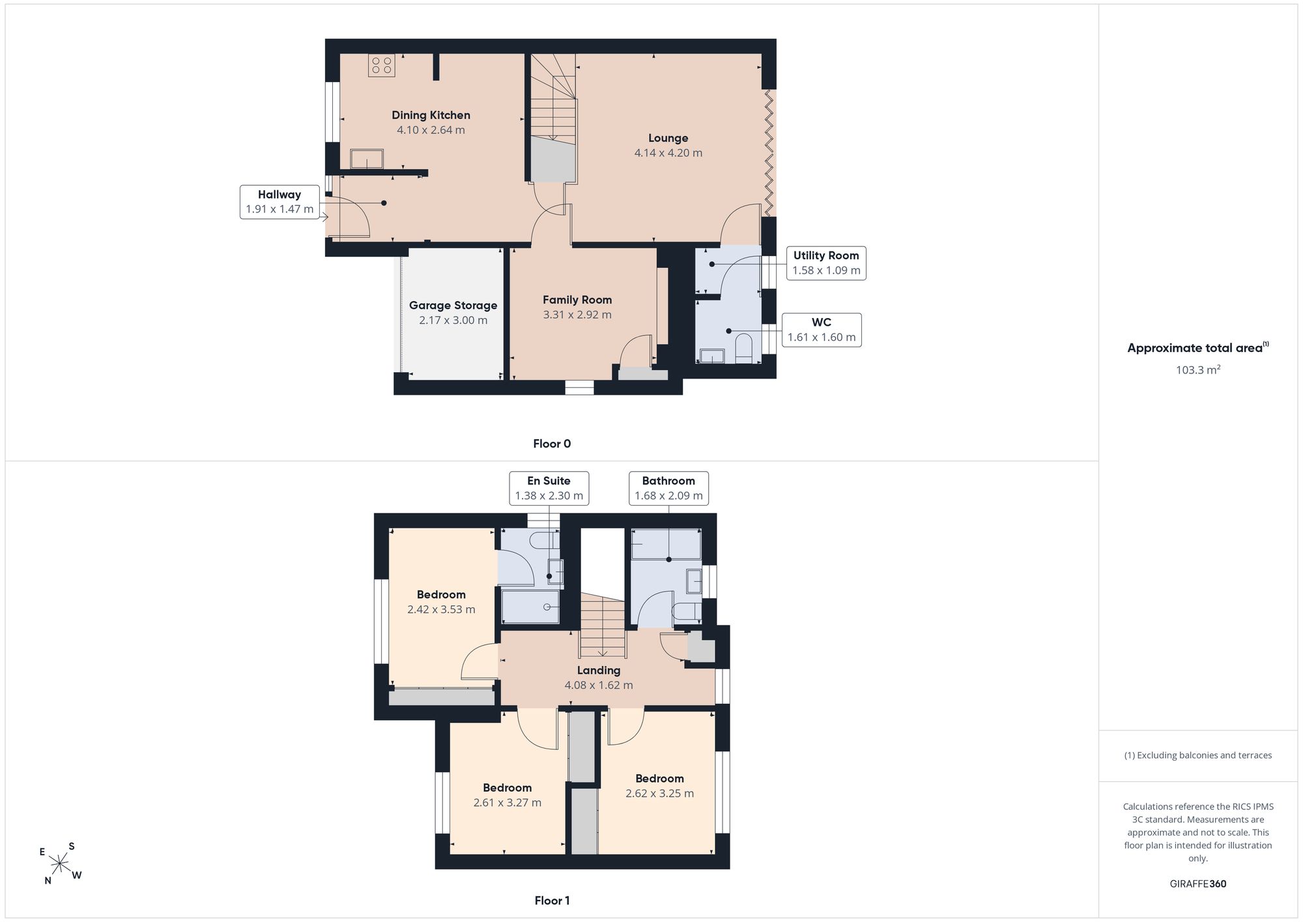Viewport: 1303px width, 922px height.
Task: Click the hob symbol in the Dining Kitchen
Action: tap(381, 65)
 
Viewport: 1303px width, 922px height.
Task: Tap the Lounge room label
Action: tap(668, 138)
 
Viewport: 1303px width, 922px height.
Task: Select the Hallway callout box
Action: tap(279, 202)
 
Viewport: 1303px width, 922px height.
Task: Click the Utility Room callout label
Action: tap(826, 255)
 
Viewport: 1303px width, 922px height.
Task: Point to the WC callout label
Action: tap(822, 322)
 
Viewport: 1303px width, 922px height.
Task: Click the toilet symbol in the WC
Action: tap(743, 348)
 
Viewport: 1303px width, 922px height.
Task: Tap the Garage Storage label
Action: tap(453, 305)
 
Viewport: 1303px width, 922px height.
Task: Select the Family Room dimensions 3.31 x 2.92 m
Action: tap(577, 315)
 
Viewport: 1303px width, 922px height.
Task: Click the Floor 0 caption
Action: tap(552, 444)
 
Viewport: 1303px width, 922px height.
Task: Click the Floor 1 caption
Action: tap(552, 900)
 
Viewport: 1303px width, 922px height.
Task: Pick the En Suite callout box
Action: tap(549, 488)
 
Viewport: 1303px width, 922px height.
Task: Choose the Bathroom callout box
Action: tap(668, 488)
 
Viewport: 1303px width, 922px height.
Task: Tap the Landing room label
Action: tap(599, 670)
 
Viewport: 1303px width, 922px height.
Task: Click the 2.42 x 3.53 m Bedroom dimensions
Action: tap(441, 610)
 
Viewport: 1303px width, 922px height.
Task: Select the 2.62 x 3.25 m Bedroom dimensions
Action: tap(659, 794)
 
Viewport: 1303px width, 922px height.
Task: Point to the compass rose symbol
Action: tap(60, 864)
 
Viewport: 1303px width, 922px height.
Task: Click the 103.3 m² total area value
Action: tap(1198, 369)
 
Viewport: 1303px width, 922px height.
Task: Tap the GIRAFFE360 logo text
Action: tap(1198, 884)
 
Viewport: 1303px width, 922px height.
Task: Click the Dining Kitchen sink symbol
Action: tap(367, 159)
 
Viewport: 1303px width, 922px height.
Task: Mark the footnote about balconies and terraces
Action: tap(1198, 755)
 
